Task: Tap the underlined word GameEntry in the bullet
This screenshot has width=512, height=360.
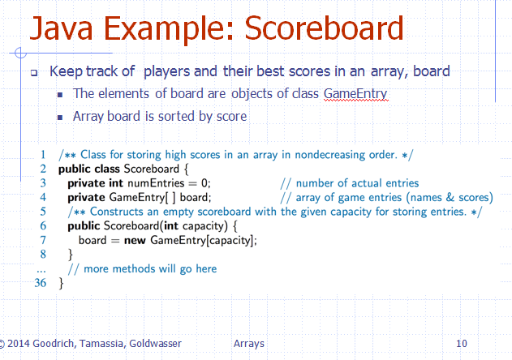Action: pyautogui.click(x=355, y=94)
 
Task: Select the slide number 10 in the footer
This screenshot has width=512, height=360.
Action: pyautogui.click(x=462, y=344)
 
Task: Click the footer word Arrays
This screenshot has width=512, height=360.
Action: pyautogui.click(x=248, y=344)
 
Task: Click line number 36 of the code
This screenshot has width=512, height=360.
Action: pyautogui.click(x=41, y=284)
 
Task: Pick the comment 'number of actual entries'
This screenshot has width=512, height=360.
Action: pyautogui.click(x=350, y=183)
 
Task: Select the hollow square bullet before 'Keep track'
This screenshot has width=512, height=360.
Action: pyautogui.click(x=35, y=72)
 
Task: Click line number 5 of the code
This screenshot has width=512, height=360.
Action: pyautogui.click(x=43, y=212)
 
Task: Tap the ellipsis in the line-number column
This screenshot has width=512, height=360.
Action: pyautogui.click(x=42, y=268)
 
